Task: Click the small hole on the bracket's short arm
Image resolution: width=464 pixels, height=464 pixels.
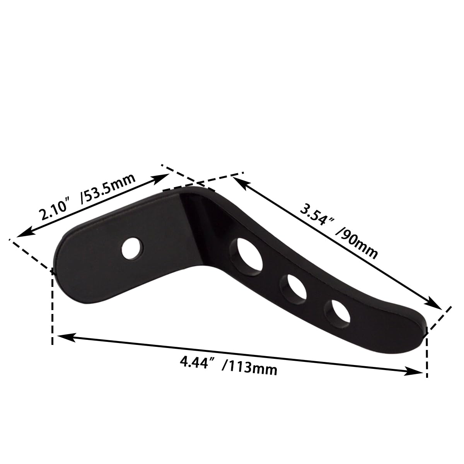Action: pyautogui.click(x=131, y=248)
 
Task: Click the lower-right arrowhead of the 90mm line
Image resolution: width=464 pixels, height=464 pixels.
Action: pyautogui.click(x=436, y=305)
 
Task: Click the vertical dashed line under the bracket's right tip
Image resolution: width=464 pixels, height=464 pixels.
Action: pyautogui.click(x=427, y=352)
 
